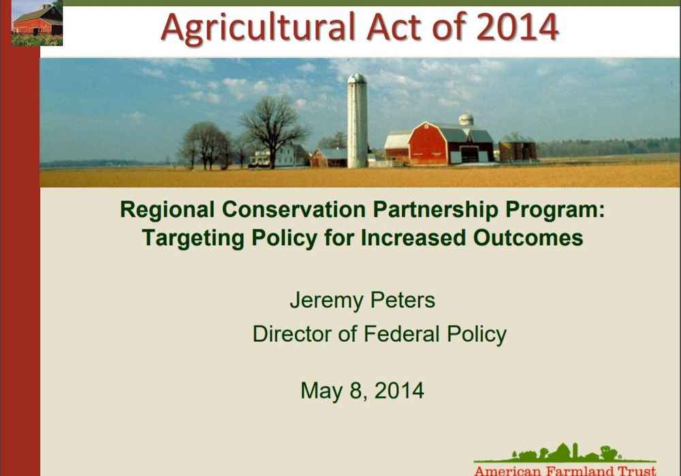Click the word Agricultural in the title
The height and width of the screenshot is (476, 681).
tap(258, 28)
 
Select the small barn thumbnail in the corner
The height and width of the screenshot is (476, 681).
tap(37, 22)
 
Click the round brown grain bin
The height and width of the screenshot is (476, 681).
tap(518, 148)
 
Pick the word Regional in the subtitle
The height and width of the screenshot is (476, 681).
tap(168, 210)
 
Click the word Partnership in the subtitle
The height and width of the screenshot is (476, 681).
tap(435, 210)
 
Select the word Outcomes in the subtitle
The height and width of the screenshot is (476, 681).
tap(528, 238)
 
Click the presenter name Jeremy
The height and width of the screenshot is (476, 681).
tap(327, 301)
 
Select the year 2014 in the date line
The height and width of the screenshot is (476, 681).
tap(399, 390)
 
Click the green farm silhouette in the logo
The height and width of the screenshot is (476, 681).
tap(565, 454)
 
